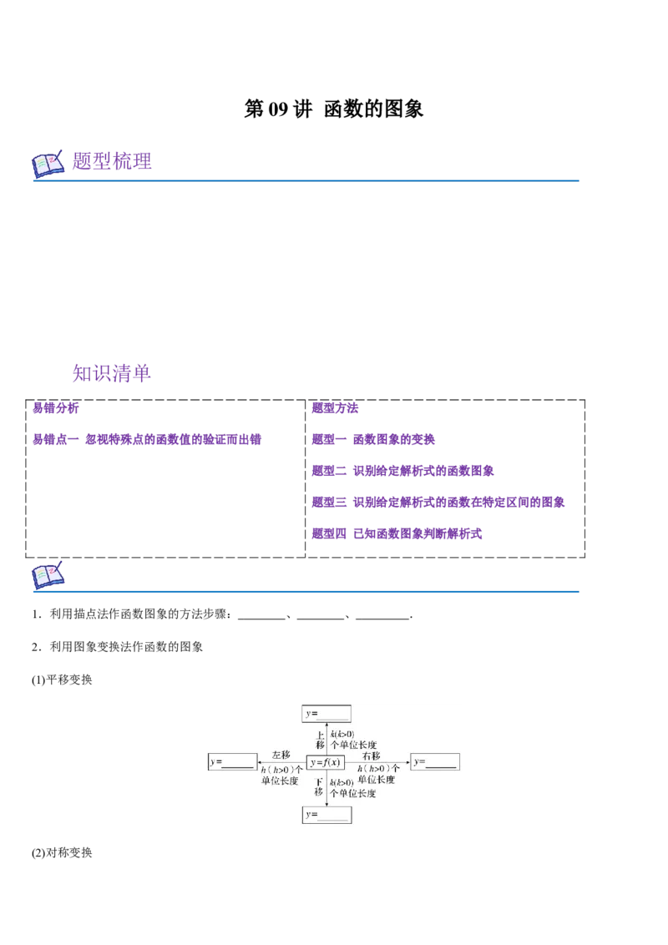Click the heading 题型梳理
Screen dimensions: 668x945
point(112,161)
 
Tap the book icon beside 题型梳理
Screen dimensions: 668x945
point(48,164)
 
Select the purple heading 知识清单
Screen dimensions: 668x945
point(112,373)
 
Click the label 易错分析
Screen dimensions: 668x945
point(55,408)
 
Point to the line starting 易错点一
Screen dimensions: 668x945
point(146,439)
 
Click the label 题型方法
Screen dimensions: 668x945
point(335,408)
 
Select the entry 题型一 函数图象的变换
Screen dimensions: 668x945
point(373,439)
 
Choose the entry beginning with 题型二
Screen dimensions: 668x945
point(402,471)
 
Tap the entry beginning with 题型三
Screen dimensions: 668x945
point(438,502)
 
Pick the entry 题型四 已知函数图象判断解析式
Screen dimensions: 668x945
point(397,533)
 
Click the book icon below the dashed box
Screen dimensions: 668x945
point(48,575)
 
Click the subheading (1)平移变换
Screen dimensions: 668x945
point(62,680)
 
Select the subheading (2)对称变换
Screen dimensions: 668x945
point(62,853)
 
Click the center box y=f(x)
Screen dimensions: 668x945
point(326,762)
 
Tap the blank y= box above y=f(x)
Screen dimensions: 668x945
point(326,714)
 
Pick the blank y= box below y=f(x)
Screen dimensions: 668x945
point(326,815)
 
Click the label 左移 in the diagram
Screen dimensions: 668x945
point(281,755)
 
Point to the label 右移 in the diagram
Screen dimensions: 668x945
point(372,755)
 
